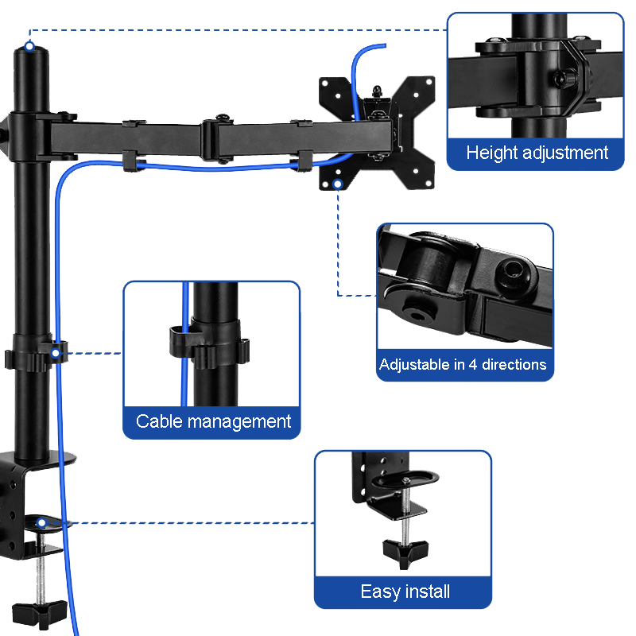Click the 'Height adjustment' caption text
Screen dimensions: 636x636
[537, 153]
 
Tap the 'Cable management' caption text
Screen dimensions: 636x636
[213, 421]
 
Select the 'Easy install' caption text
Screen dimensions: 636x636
[405, 591]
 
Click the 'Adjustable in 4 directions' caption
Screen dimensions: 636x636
[463, 365]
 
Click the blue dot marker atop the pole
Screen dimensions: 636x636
[29, 47]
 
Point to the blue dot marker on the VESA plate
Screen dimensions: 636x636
[338, 184]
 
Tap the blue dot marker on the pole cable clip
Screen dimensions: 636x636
[56, 351]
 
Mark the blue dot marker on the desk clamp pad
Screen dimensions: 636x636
[41, 522]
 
